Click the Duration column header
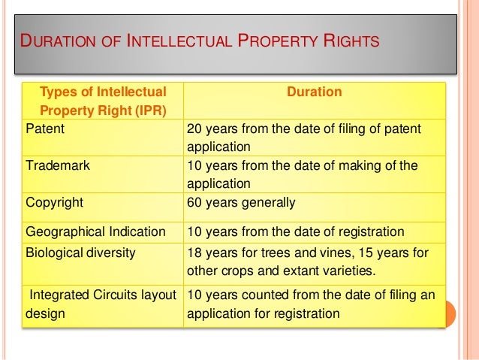(315, 92)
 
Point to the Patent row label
(45, 129)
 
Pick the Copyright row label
(54, 202)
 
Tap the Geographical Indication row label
(96, 231)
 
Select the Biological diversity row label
(81, 253)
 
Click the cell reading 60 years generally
(240, 202)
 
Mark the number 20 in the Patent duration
(194, 129)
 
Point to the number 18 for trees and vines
(194, 253)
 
